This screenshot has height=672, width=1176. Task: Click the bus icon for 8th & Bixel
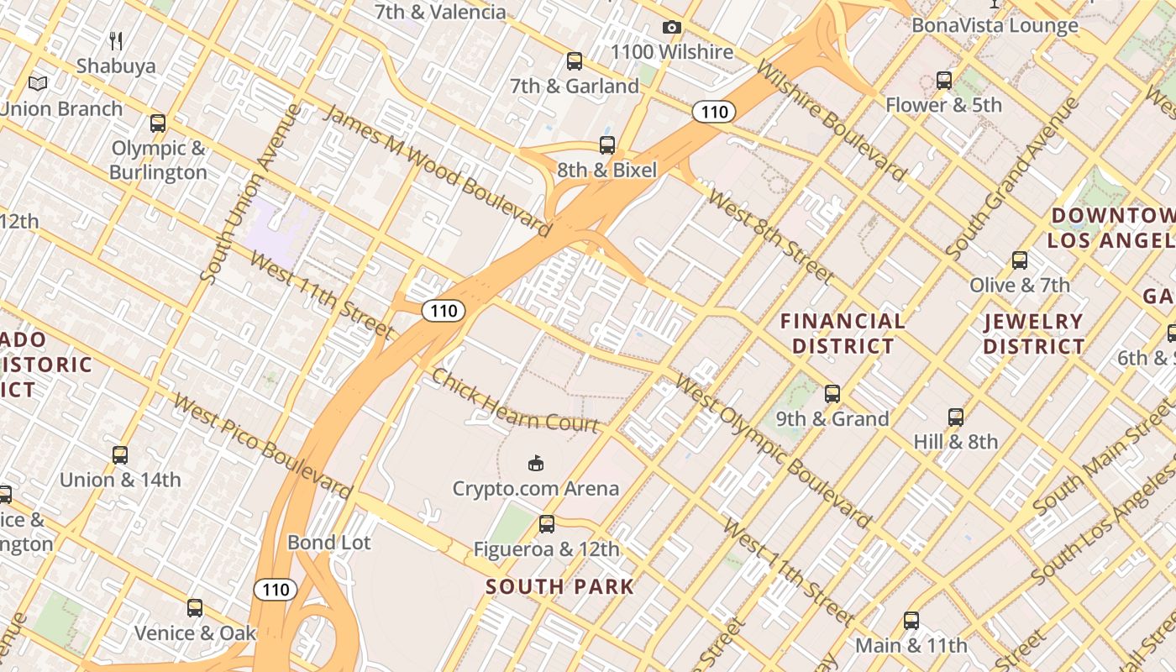[x=607, y=145]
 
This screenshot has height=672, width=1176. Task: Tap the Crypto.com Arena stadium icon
[x=536, y=463]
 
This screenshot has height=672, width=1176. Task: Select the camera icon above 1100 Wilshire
[x=671, y=28]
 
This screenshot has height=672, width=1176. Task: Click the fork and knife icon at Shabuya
[x=117, y=40]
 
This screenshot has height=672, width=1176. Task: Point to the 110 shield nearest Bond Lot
[x=276, y=590]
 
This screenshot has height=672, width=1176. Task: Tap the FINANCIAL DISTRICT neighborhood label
[x=843, y=333]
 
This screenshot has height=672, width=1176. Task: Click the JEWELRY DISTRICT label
[x=1033, y=333]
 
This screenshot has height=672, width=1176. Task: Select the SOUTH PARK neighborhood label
[x=559, y=586]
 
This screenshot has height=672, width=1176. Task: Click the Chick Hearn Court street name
[x=515, y=401]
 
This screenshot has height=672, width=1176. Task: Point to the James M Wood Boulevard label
[x=437, y=171]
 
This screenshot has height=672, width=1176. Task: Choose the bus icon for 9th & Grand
[x=832, y=393]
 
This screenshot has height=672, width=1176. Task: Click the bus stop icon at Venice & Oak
[x=195, y=607]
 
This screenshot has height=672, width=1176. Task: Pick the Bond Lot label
[x=328, y=543]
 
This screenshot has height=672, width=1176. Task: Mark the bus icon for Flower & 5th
[x=944, y=81]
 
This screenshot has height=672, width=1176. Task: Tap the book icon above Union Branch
[x=38, y=83]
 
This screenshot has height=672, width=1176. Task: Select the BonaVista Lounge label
[x=995, y=25]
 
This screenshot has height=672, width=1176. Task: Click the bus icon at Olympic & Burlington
[x=158, y=123]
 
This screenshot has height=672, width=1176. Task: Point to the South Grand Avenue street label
[x=1011, y=179]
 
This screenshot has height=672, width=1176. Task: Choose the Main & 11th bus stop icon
[x=911, y=621]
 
